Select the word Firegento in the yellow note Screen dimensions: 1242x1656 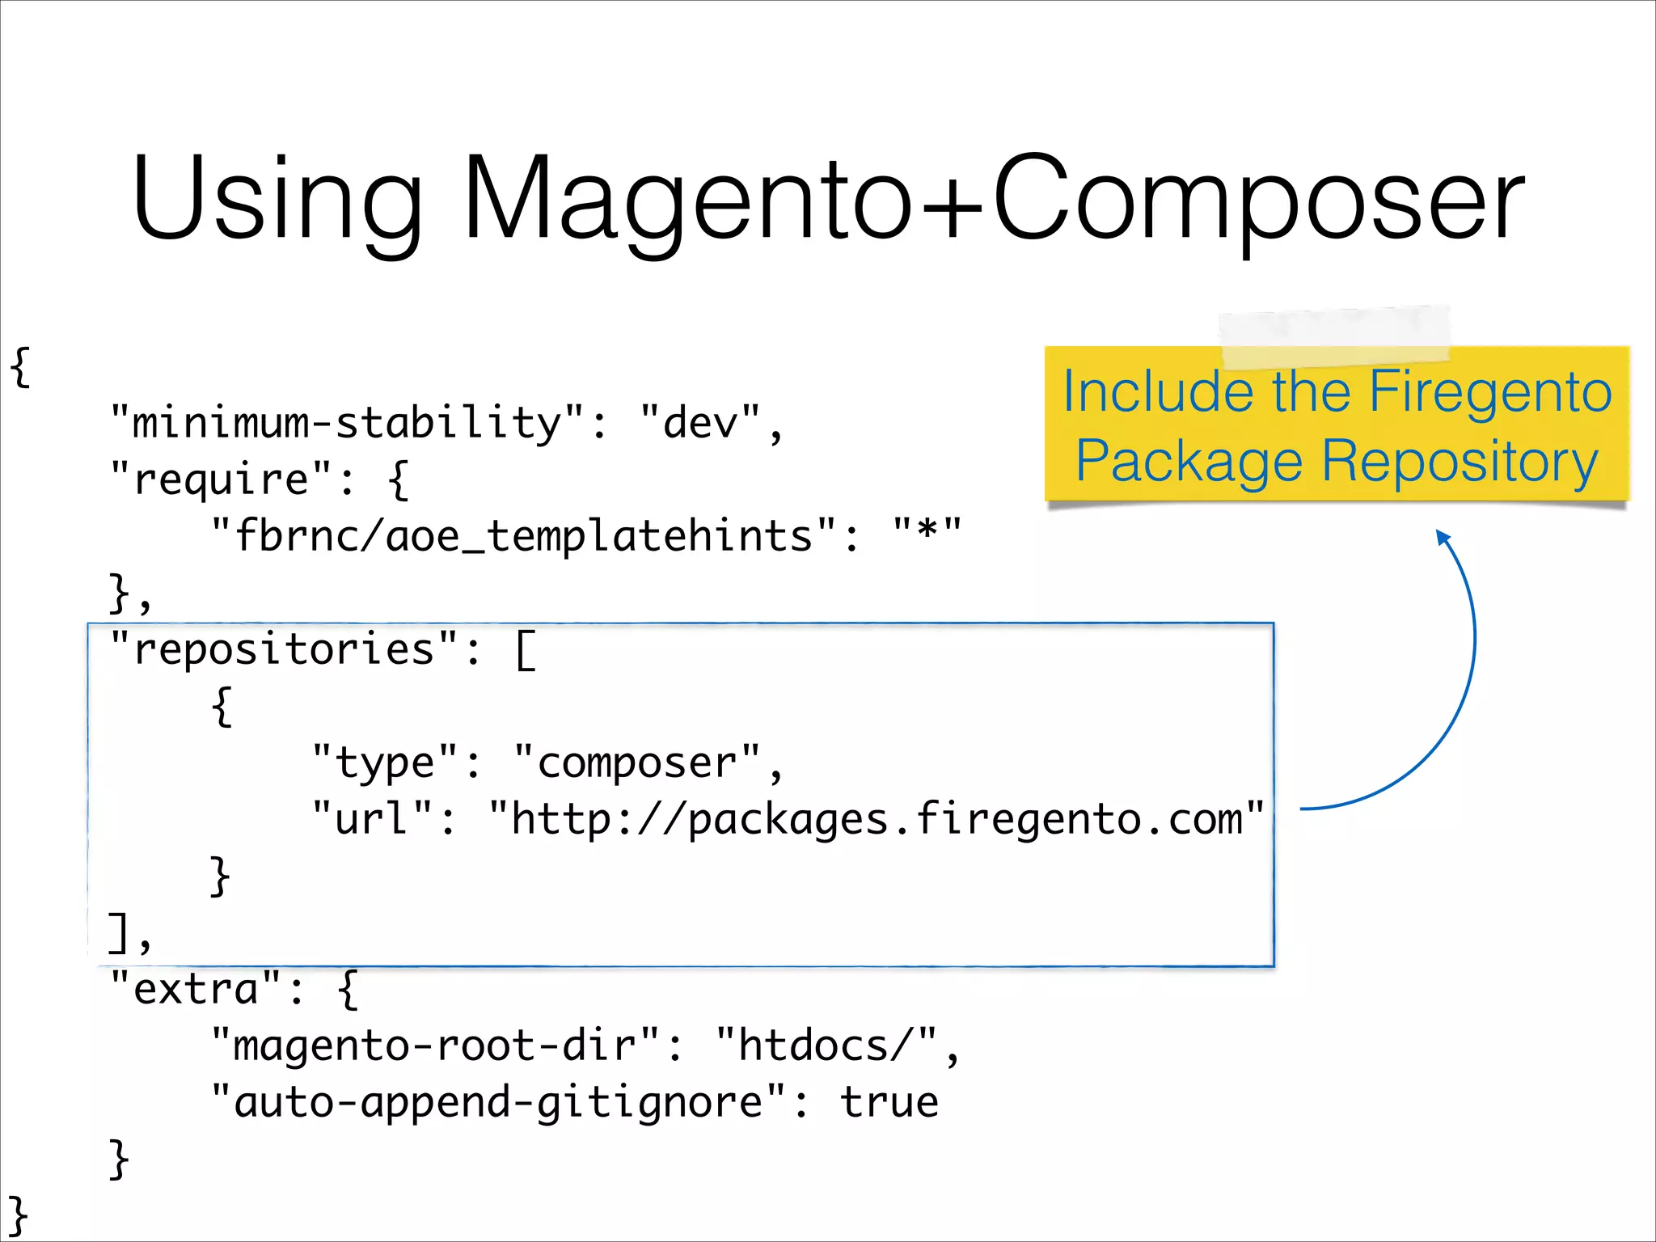pos(1489,391)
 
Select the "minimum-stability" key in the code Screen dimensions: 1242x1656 pos(346,423)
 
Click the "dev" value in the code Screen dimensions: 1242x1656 pos(700,423)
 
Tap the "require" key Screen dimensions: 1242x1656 pos(220,479)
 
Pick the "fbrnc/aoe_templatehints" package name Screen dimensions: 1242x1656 pos(523,536)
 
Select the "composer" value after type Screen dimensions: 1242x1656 pos(637,763)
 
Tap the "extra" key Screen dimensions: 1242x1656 pos(195,989)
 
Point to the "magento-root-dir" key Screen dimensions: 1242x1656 pos(435,1046)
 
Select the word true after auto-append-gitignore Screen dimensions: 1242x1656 pos(889,1103)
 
